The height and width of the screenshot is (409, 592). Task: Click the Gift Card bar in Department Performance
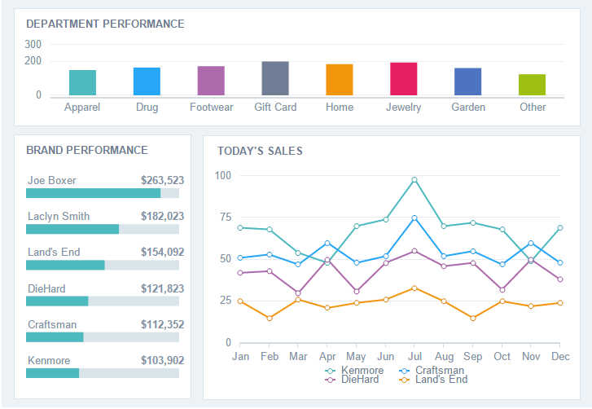pyautogui.click(x=275, y=78)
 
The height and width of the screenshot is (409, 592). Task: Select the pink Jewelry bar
pyautogui.click(x=403, y=79)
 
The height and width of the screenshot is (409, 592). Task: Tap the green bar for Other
pyautogui.click(x=532, y=85)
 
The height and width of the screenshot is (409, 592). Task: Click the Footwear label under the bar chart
pyautogui.click(x=211, y=108)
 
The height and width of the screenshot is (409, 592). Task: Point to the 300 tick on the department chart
pyautogui.click(x=33, y=44)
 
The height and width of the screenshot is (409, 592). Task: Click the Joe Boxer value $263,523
pyautogui.click(x=162, y=181)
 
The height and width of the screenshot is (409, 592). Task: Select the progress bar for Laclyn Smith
pyautogui.click(x=103, y=229)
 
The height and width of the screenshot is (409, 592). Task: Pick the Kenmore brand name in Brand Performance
pyautogui.click(x=49, y=361)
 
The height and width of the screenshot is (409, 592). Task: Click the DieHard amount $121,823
pyautogui.click(x=162, y=289)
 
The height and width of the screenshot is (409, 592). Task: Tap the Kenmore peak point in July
pyautogui.click(x=414, y=180)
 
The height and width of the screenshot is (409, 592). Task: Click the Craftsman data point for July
pyautogui.click(x=414, y=218)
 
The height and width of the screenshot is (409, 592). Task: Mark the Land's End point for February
pyautogui.click(x=270, y=318)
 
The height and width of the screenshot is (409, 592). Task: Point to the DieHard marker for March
pyautogui.click(x=298, y=292)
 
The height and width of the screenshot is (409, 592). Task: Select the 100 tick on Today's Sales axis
pyautogui.click(x=223, y=176)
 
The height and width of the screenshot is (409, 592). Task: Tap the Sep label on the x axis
pyautogui.click(x=473, y=357)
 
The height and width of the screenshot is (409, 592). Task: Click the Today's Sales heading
pyautogui.click(x=260, y=151)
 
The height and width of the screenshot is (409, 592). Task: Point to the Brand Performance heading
pyautogui.click(x=87, y=151)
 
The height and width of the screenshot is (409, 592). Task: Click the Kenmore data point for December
pyautogui.click(x=560, y=228)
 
